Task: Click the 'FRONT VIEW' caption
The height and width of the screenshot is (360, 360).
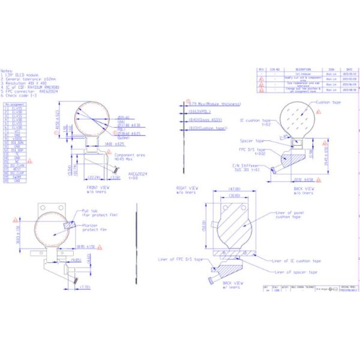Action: point(95,188)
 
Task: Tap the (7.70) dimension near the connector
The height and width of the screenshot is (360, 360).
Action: point(86,287)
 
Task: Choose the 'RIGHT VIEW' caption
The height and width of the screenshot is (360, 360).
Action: point(186,188)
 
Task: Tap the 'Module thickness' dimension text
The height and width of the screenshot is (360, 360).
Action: point(208,103)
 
